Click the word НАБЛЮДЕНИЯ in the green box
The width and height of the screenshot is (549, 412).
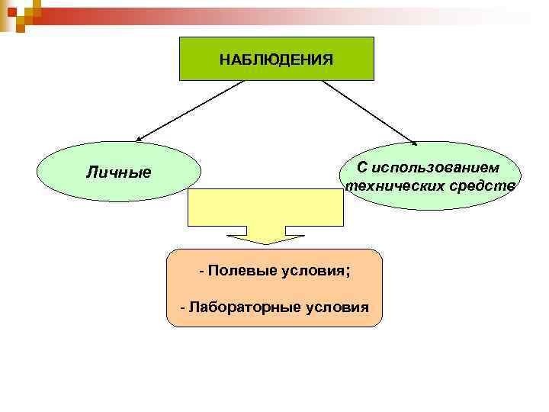[x=276, y=60]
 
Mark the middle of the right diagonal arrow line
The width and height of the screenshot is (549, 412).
[x=369, y=111]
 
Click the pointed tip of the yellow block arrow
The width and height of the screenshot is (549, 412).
[x=265, y=243]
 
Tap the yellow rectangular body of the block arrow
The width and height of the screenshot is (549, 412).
[x=265, y=207]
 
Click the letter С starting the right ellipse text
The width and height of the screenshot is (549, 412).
[x=362, y=167]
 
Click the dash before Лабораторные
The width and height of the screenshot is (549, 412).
[x=182, y=307]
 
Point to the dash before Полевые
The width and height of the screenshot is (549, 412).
[x=202, y=271]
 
